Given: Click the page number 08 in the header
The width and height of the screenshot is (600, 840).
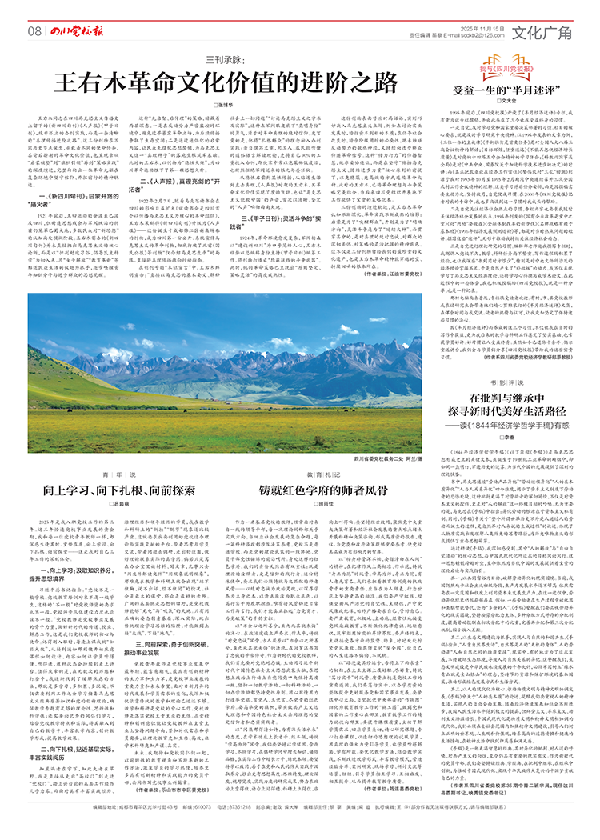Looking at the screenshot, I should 34,31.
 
